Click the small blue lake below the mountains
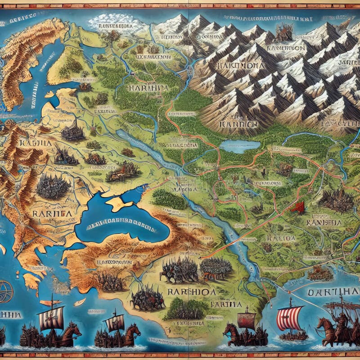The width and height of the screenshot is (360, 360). click(240, 146)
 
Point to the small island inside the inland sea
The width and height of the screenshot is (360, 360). click(116, 204)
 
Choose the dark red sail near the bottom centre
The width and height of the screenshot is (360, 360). click(246, 320)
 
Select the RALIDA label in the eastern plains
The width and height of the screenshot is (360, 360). click(281, 238)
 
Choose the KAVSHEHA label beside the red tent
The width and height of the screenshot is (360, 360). click(323, 222)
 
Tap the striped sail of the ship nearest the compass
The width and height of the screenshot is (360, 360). click(50, 318)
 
